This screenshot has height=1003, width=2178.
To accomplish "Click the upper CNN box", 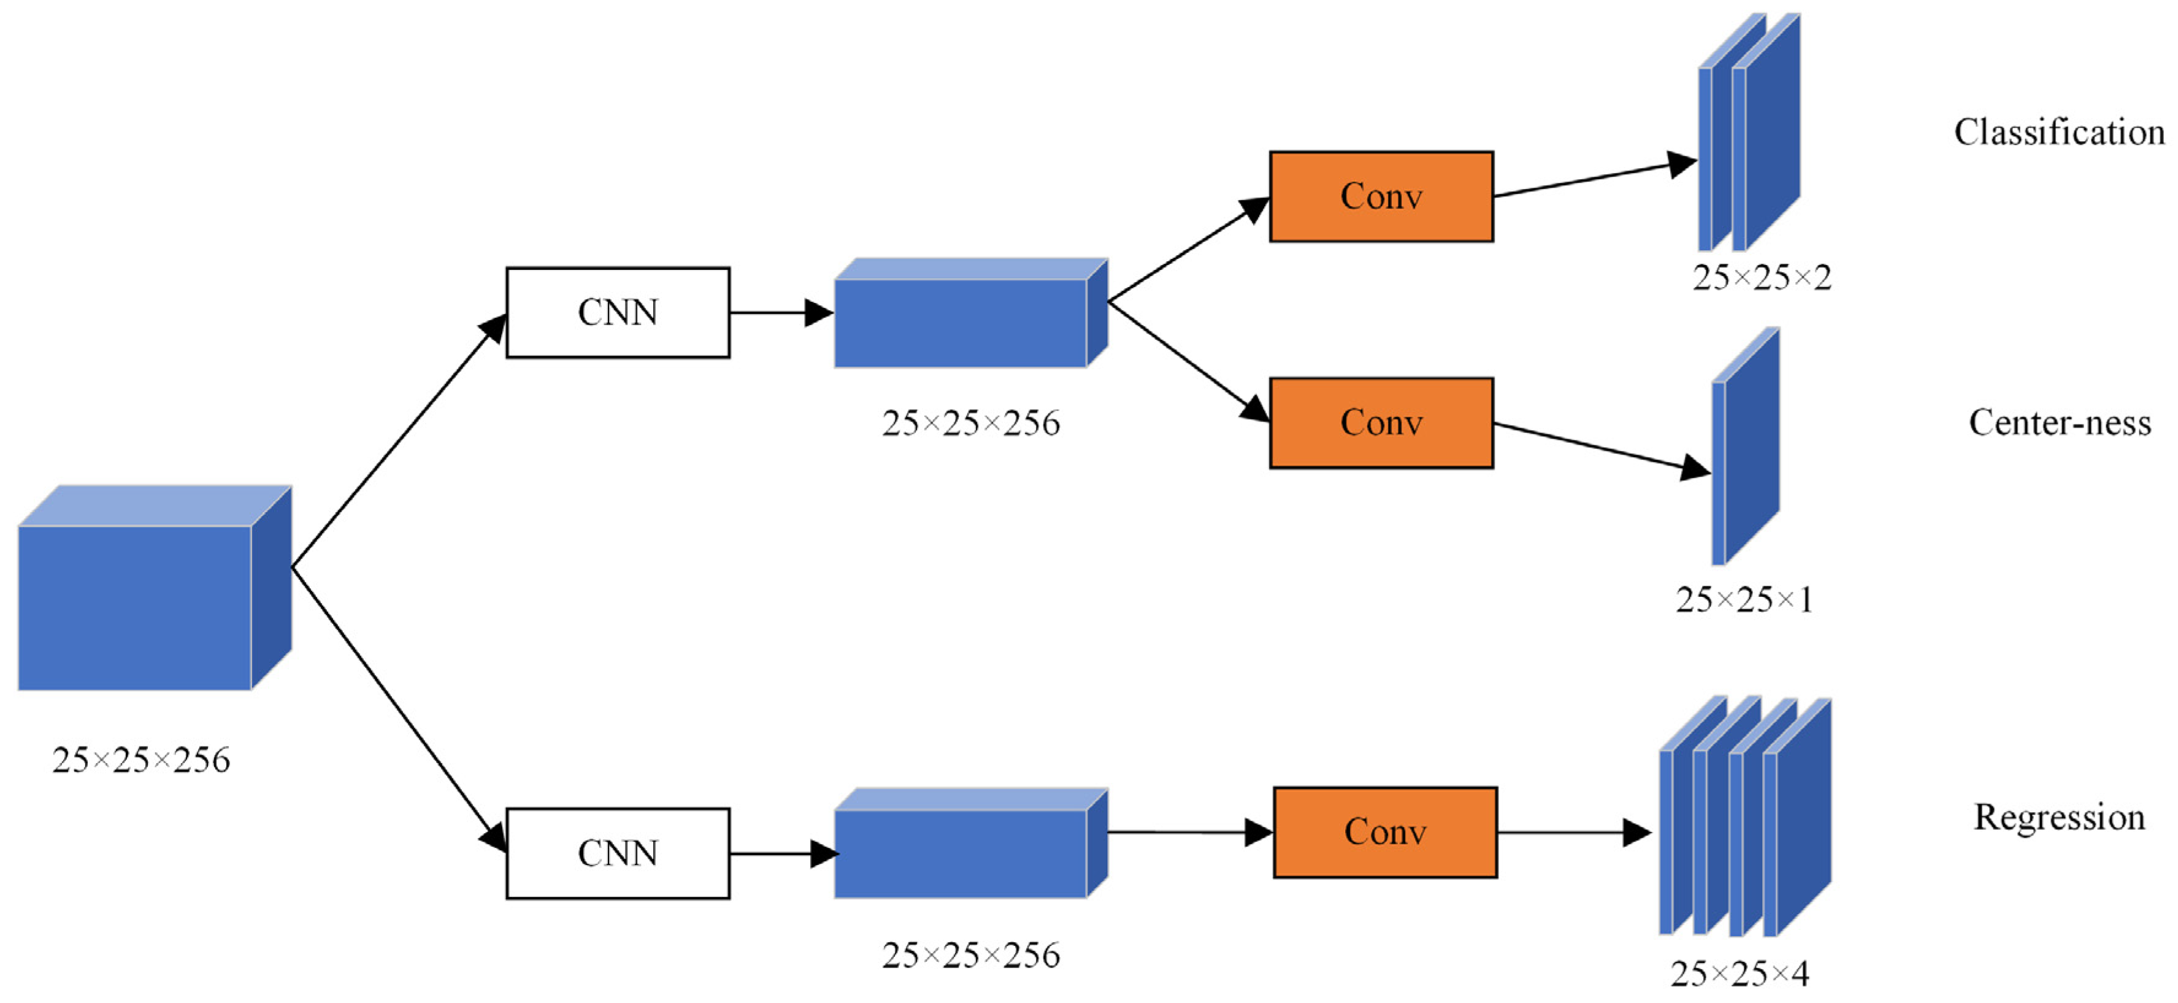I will (x=617, y=312).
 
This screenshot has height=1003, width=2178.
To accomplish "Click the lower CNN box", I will (x=617, y=853).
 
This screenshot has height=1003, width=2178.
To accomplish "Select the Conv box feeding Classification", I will (x=1381, y=196).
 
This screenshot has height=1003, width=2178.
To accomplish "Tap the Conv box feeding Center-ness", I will (x=1381, y=422).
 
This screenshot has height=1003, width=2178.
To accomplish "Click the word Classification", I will (x=2059, y=132).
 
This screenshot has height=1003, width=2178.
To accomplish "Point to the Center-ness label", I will (x=2059, y=422).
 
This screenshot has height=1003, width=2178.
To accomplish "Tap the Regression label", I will (x=2059, y=817).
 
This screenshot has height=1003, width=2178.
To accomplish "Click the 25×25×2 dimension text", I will (x=1762, y=277).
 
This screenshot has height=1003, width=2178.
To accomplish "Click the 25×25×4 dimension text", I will (x=1740, y=974).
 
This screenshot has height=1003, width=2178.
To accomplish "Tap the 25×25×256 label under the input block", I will (x=140, y=759).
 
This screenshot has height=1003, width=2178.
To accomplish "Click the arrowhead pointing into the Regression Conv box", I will (x=1259, y=832).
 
